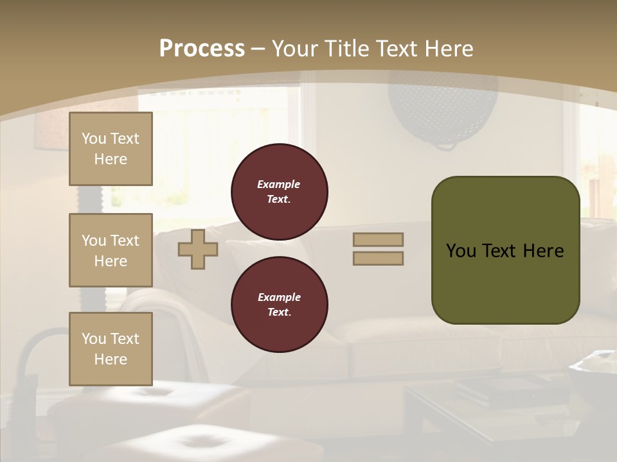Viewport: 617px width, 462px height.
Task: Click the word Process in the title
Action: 202,48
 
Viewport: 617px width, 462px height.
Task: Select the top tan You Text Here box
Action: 111,149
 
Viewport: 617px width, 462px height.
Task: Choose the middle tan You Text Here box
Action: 111,250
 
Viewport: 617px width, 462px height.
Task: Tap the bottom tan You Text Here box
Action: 111,349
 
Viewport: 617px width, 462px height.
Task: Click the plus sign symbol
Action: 198,249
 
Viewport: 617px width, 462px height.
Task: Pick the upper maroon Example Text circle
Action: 280,192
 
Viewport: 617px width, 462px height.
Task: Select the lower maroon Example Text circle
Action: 280,305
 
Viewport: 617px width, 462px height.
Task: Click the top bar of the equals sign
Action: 378,239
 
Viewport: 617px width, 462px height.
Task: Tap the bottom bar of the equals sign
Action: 378,258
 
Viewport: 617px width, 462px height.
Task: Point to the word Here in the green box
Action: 543,251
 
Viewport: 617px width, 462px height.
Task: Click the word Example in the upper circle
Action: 279,184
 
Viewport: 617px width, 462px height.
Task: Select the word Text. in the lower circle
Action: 279,312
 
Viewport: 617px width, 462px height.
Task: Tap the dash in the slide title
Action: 258,49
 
